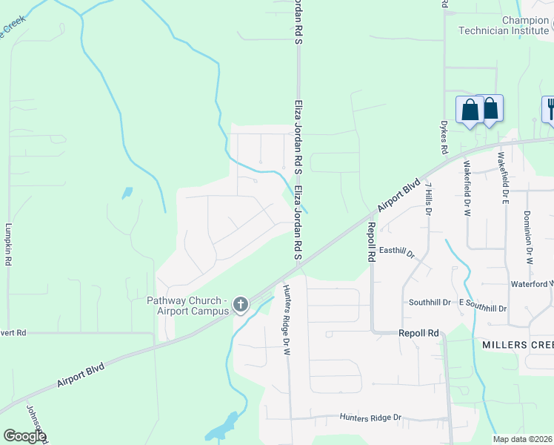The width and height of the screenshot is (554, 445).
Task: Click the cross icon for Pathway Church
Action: (240, 304)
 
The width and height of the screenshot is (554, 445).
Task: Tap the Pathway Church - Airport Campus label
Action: (186, 306)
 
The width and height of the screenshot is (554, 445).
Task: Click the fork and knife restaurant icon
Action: (549, 110)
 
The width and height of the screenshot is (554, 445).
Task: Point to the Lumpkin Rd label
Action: (9, 245)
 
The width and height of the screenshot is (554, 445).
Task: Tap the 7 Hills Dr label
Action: (429, 200)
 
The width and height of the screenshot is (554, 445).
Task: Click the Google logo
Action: (24, 436)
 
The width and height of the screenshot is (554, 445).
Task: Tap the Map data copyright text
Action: (522, 439)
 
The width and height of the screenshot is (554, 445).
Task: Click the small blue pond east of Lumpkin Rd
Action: (127, 193)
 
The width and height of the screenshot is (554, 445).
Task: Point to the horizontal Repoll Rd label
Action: (419, 334)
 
